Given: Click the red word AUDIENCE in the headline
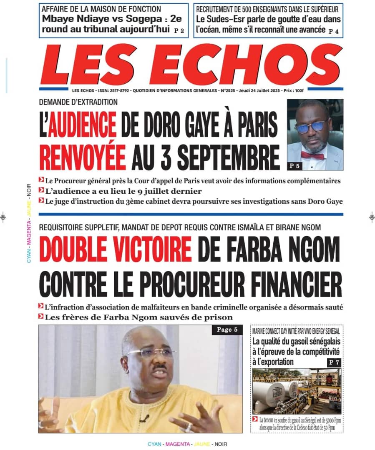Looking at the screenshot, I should click(82, 125).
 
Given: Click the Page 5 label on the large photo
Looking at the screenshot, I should click(227, 330).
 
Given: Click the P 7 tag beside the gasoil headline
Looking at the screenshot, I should click(334, 362).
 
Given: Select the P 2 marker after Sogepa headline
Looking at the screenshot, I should click(179, 30).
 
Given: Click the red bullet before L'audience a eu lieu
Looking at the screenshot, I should click(41, 191).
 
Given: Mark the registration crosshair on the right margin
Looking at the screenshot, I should click(372, 217).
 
